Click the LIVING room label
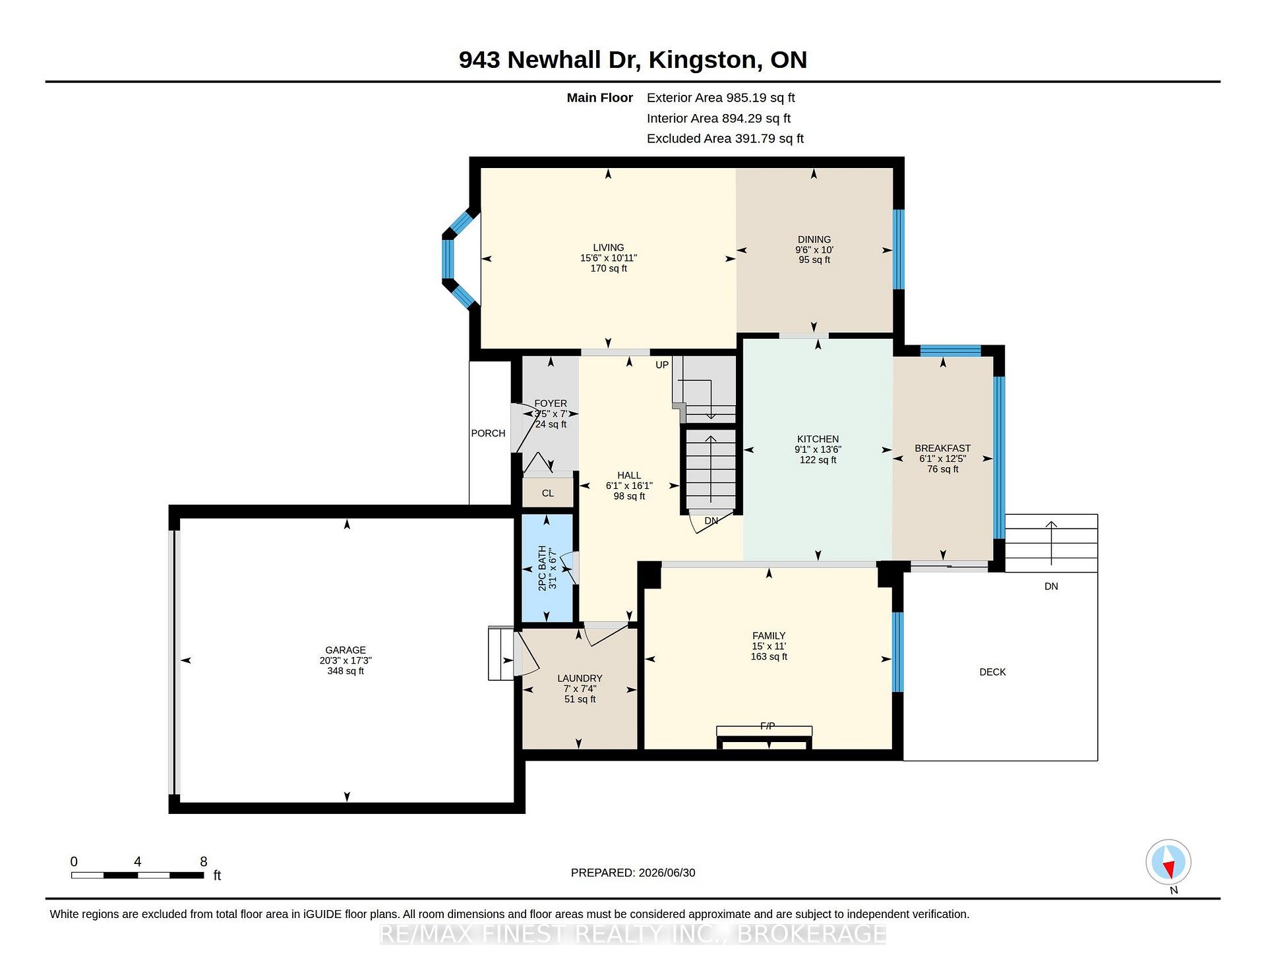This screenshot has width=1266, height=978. tap(608, 248)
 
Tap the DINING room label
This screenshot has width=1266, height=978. tap(814, 240)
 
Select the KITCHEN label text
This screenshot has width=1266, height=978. tap(818, 439)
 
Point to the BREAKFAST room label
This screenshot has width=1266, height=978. tap(943, 448)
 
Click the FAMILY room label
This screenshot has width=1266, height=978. tap(769, 636)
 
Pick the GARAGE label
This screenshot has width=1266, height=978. tap(346, 650)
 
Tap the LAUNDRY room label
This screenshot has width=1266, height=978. tap(580, 678)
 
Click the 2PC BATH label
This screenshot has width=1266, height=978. tap(543, 568)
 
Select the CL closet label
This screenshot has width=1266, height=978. tap(548, 493)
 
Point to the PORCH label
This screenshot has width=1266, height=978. tap(488, 433)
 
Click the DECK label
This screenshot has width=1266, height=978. tap(992, 672)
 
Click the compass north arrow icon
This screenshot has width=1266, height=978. tap(1168, 863)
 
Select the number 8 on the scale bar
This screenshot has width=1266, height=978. tap(204, 861)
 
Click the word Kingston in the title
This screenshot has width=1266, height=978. tap(702, 60)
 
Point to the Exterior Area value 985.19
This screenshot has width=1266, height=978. tap(746, 98)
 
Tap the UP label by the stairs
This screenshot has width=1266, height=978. tap(662, 364)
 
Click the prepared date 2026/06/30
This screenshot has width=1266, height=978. tap(667, 873)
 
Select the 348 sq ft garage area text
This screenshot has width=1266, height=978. tap(346, 671)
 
